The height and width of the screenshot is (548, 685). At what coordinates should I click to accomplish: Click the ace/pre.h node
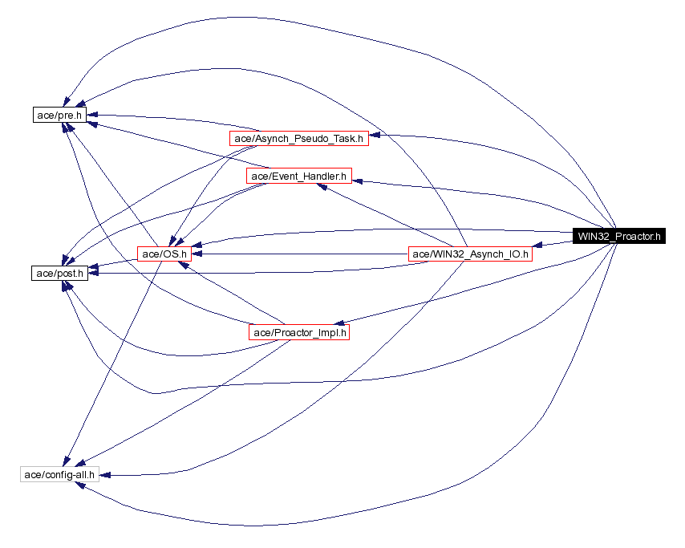click(59, 115)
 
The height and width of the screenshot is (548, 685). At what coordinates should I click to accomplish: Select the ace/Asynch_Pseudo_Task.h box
click(298, 138)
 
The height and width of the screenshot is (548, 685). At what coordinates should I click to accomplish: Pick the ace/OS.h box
click(164, 254)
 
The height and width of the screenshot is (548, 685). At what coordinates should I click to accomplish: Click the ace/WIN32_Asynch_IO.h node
click(470, 254)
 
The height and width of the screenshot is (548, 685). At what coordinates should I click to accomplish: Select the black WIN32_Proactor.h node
click(618, 236)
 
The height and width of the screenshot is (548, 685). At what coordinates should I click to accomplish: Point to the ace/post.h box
click(59, 274)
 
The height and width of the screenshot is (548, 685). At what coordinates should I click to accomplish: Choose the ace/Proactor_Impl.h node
click(299, 332)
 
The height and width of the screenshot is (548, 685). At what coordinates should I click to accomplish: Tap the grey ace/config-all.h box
click(59, 474)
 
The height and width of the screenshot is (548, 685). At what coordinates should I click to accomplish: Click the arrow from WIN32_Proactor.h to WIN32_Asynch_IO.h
click(553, 244)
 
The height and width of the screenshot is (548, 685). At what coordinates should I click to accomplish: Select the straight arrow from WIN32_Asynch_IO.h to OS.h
click(305, 254)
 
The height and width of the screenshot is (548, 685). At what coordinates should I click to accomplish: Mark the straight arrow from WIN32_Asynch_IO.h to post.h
click(241, 270)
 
